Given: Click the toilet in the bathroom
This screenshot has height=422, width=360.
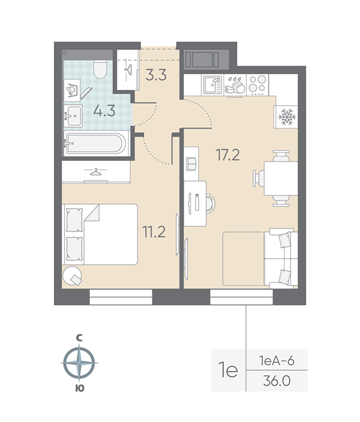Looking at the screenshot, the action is coord(100,69).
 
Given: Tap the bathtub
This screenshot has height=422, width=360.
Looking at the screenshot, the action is coord(95,144).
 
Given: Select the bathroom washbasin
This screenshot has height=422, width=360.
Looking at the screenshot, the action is coord(73,116).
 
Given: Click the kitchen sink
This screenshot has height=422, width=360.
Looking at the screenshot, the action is coord(212,85).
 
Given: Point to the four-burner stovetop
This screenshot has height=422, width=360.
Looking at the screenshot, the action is coord(258,85).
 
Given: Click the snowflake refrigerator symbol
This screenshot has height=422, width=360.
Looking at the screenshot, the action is coord(287,117).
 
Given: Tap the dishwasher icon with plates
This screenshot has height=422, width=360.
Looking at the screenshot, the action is coord(234,85).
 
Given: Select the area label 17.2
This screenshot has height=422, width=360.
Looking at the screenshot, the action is coord(228,156).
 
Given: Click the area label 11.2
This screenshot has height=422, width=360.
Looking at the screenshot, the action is coord(154,232).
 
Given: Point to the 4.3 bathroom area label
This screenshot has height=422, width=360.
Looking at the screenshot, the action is coord(104,110).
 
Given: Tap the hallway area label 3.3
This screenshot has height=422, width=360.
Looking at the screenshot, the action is coord(156,75).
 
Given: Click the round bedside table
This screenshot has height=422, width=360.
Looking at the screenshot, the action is coord(72,275).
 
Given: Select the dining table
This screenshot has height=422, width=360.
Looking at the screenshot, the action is coord(281,178).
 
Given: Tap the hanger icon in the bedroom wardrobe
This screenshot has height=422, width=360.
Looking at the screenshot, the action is coord(95,172).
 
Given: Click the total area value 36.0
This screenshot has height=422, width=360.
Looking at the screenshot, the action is coord(277,381).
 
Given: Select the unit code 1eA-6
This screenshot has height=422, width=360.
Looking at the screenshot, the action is coord(277,360).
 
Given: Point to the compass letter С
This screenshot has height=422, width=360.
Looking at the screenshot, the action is coord(79,338).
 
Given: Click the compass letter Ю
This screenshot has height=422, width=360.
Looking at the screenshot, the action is coord(79,388).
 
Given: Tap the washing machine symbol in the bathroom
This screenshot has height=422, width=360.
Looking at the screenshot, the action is coord(72,90).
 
